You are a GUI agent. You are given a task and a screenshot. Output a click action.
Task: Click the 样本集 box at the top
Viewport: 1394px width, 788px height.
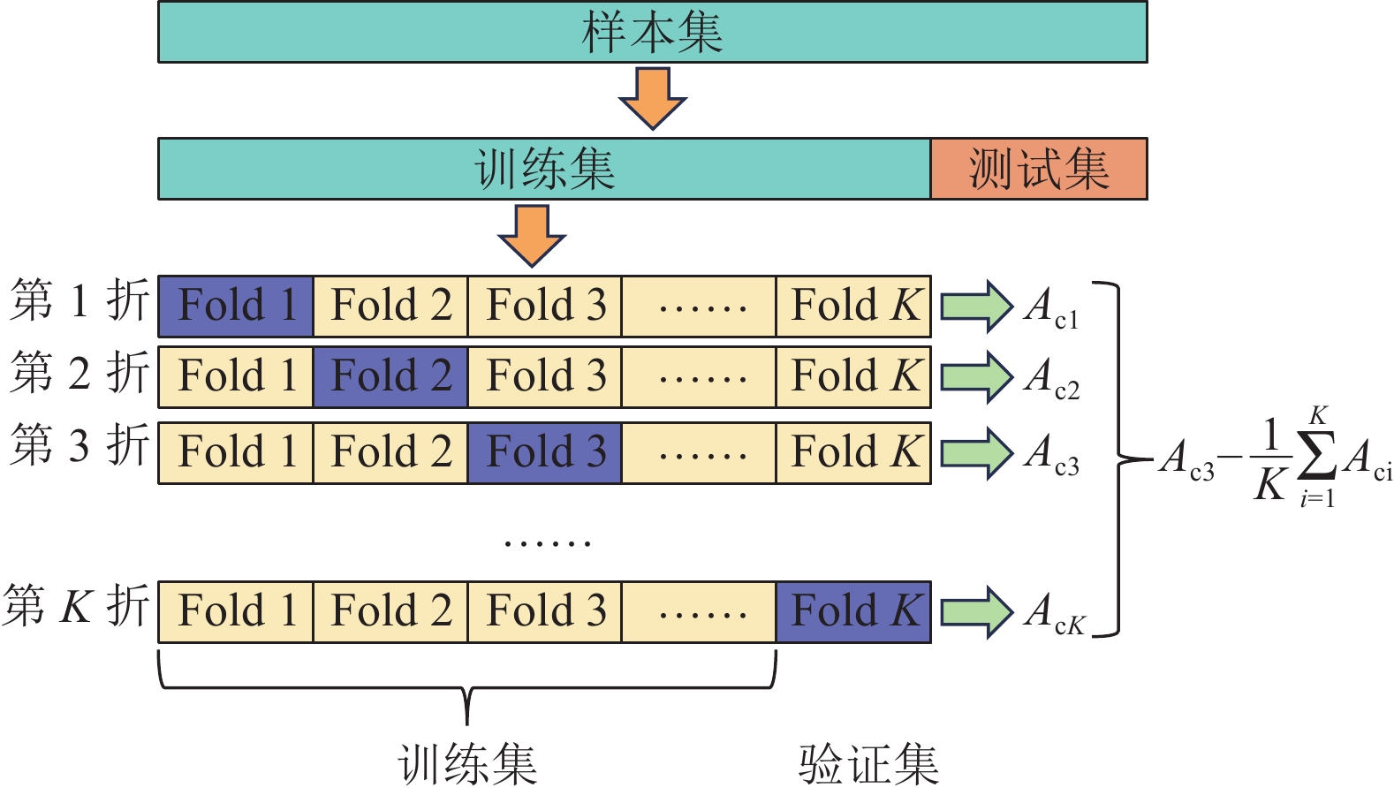coord(652,32)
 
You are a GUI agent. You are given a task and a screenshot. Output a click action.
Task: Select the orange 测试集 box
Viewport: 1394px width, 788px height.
coord(1038,169)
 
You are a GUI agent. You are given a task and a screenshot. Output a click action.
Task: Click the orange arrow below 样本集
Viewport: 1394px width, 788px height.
coord(652,98)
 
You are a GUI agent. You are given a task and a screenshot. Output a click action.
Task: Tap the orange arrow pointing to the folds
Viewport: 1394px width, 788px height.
coord(532,235)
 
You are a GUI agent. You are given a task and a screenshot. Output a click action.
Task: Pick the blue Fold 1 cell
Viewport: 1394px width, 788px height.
coord(236,306)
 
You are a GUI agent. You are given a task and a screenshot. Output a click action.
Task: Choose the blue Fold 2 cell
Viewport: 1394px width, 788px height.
coord(390,376)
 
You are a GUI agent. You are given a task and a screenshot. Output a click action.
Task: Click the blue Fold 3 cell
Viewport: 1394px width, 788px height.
coord(545,452)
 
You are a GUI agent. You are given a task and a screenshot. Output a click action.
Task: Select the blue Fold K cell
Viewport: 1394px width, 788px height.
coord(853,611)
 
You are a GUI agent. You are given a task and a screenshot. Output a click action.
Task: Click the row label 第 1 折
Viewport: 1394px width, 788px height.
coord(79,300)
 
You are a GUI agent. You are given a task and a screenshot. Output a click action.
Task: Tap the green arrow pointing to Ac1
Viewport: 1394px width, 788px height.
coord(975,306)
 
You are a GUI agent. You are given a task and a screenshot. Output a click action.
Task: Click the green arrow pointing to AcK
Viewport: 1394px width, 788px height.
coord(975,611)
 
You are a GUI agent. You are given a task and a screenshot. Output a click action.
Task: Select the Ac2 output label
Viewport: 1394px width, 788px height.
coord(1051,379)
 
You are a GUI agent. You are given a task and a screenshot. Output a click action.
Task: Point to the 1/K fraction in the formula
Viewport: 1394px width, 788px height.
coord(1270,459)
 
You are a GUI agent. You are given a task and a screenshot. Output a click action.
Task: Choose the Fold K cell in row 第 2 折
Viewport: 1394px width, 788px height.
coord(853,376)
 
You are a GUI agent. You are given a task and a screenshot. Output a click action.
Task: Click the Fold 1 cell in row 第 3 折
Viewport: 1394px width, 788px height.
coord(236,452)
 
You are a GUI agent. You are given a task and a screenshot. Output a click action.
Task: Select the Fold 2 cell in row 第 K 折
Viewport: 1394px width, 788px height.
coord(390,611)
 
